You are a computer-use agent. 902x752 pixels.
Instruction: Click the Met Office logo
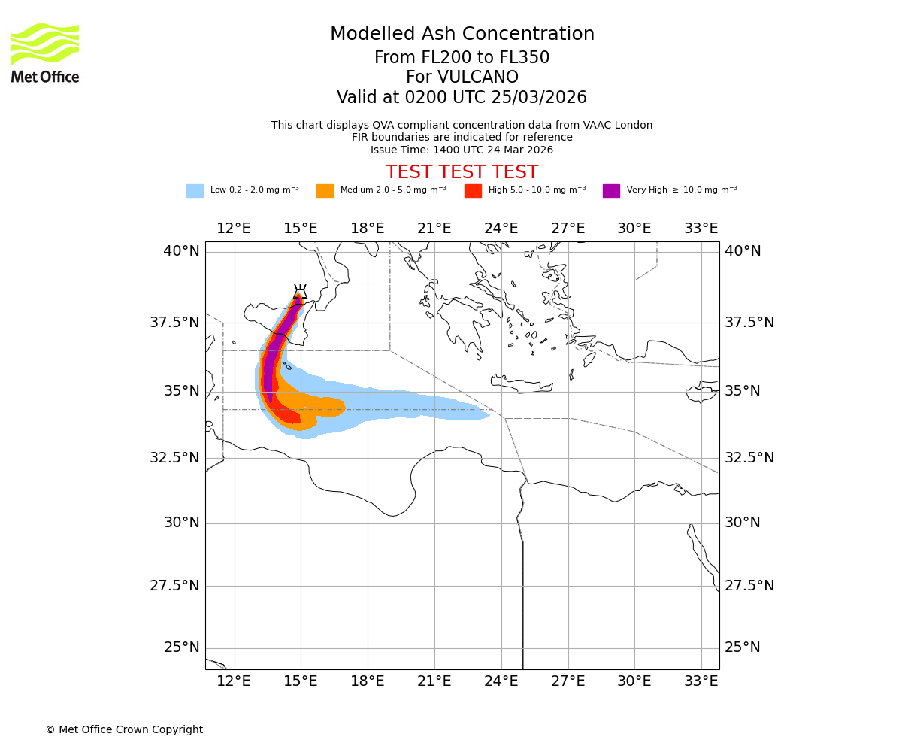pyautogui.click(x=45, y=53)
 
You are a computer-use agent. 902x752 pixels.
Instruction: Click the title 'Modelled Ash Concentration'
pyautogui.click(x=462, y=35)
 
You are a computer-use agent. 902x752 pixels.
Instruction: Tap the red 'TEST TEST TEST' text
pyautogui.click(x=462, y=172)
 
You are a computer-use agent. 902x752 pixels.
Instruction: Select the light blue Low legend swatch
pyautogui.click(x=195, y=191)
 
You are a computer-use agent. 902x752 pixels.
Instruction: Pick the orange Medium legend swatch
pyautogui.click(x=325, y=191)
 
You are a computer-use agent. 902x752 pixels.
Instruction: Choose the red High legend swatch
pyautogui.click(x=473, y=191)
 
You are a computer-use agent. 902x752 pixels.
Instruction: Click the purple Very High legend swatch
pyautogui.click(x=611, y=191)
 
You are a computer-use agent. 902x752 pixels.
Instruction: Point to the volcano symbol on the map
pyautogui.click(x=300, y=292)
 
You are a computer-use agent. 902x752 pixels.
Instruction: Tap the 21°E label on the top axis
pyautogui.click(x=434, y=229)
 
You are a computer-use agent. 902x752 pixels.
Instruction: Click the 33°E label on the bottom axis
pyautogui.click(x=701, y=681)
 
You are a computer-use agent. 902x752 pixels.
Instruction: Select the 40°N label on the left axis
pyautogui.click(x=181, y=251)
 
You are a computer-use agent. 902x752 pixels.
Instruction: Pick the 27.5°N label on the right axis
pyautogui.click(x=749, y=586)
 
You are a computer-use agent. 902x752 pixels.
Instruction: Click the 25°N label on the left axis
pyautogui.click(x=181, y=647)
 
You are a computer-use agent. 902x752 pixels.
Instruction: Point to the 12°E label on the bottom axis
pyautogui.click(x=234, y=681)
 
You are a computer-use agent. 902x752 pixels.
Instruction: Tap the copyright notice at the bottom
pyautogui.click(x=124, y=729)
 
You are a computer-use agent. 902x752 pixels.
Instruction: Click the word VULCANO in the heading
pyautogui.click(x=462, y=77)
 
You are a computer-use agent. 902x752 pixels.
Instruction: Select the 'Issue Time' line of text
pyautogui.click(x=462, y=150)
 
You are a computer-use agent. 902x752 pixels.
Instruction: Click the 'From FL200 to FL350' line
pyautogui.click(x=462, y=58)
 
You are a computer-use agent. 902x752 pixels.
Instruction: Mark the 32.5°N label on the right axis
pyautogui.click(x=749, y=458)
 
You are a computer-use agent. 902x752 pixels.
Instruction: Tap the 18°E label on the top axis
pyautogui.click(x=367, y=229)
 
